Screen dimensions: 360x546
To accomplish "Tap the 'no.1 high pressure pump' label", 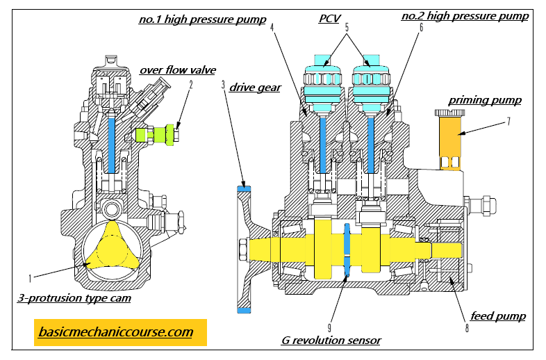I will pyautogui.click(x=202, y=19).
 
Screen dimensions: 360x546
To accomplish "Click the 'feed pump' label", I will pyautogui.click(x=497, y=316).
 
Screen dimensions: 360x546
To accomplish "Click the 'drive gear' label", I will pyautogui.click(x=256, y=88).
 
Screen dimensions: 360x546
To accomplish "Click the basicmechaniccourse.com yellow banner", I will pyautogui.click(x=120, y=332).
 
